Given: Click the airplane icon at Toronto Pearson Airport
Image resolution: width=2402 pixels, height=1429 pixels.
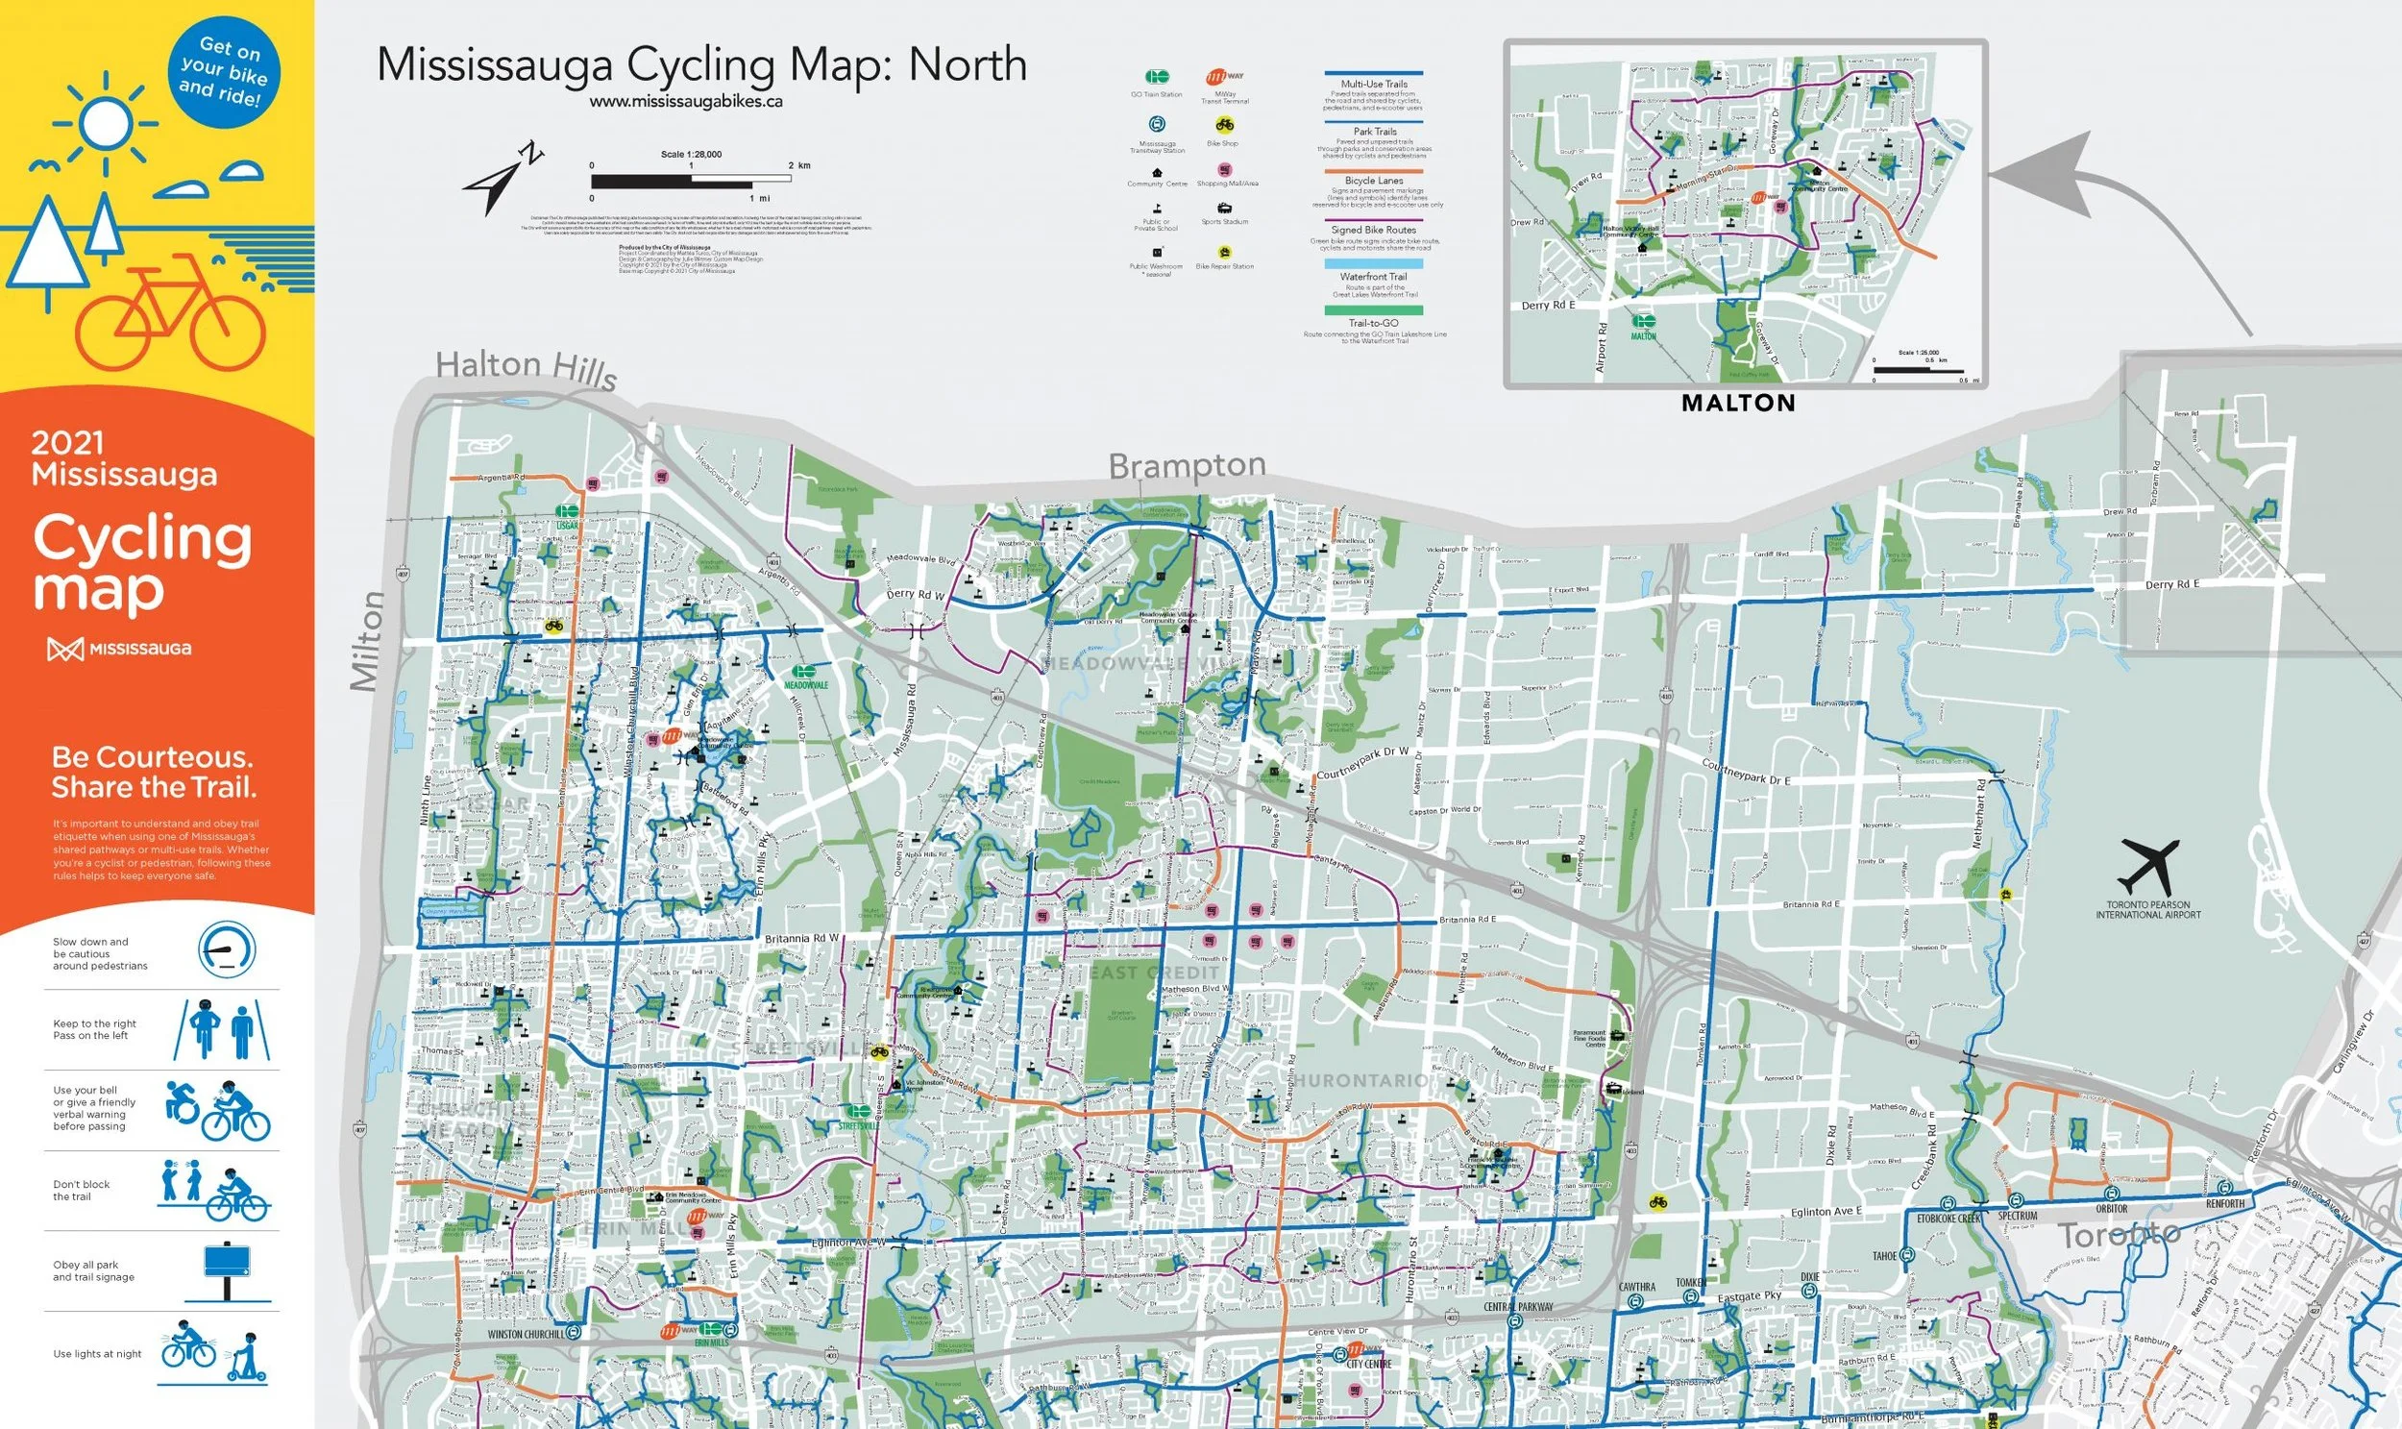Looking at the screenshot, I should (2147, 866).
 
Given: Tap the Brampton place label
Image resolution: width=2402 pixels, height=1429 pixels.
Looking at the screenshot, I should (1187, 466).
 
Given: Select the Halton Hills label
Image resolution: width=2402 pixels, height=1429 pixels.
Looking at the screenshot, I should (526, 368).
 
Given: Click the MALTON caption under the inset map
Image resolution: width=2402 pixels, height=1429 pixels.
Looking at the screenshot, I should (1738, 404).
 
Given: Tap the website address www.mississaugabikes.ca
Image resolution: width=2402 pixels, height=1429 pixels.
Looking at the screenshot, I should (685, 101).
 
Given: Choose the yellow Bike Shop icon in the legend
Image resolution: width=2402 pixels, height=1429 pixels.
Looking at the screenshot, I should (1224, 124).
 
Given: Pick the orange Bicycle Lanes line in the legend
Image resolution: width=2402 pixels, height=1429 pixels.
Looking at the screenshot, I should (1374, 169).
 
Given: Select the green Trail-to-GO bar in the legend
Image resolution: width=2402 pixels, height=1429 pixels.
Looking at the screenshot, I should (1374, 310).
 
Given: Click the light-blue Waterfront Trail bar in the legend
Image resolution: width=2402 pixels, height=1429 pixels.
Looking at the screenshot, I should (1374, 263).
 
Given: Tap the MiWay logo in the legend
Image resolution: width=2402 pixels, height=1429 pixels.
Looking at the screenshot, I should (1224, 77).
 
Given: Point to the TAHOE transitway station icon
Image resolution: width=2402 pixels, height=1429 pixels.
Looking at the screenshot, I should (1907, 1256).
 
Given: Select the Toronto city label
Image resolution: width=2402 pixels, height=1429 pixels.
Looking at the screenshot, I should (2118, 1234).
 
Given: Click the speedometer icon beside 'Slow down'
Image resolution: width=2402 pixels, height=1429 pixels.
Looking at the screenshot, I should (227, 949).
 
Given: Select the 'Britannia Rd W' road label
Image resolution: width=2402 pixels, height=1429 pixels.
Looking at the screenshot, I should (801, 938).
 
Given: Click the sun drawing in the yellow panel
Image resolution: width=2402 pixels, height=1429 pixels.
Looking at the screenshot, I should (104, 122).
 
